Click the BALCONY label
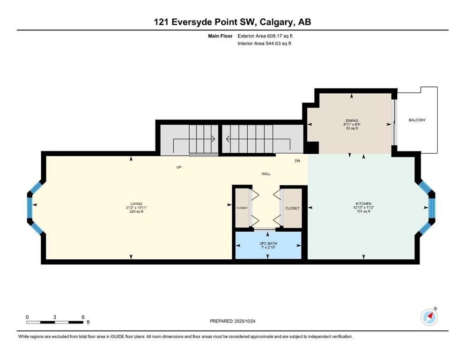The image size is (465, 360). (417, 120)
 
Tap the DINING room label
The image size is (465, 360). (352, 120)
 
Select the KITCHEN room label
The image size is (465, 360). (363, 204)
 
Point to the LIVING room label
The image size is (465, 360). (131, 204)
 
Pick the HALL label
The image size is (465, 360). (266, 174)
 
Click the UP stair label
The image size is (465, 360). (179, 167)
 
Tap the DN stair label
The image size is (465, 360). (297, 161)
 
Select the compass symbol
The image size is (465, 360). (429, 317)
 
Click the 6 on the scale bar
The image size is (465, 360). (83, 317)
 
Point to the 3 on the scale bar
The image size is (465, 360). (55, 317)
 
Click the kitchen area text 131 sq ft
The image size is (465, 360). (363, 211)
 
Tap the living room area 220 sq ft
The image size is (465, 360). (131, 211)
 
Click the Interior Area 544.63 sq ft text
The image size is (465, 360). (265, 44)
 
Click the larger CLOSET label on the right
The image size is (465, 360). (292, 208)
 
